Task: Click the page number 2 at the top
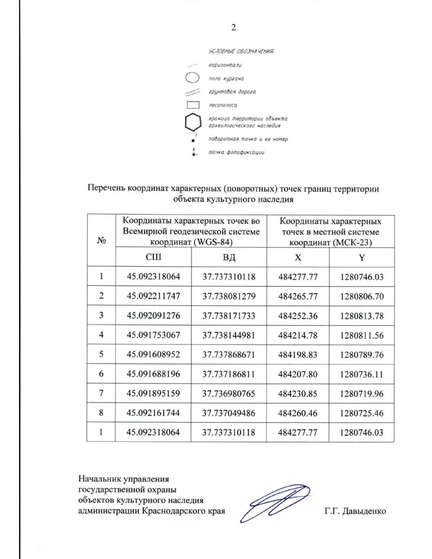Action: (234, 28)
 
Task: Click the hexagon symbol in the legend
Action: (193, 122)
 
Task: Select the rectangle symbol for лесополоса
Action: (193, 105)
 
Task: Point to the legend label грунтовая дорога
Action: (232, 92)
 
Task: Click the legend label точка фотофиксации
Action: (236, 152)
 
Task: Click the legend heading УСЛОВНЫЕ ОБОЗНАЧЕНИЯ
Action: (241, 51)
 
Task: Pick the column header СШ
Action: (153, 257)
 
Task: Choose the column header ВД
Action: (229, 257)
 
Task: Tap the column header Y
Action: (362, 257)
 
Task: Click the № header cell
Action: (101, 240)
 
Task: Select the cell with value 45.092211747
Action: (153, 296)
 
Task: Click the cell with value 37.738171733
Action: (229, 316)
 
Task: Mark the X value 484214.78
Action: (298, 335)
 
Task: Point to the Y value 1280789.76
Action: (362, 355)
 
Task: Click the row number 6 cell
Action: (101, 374)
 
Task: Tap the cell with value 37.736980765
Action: (229, 393)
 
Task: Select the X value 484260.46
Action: (298, 413)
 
